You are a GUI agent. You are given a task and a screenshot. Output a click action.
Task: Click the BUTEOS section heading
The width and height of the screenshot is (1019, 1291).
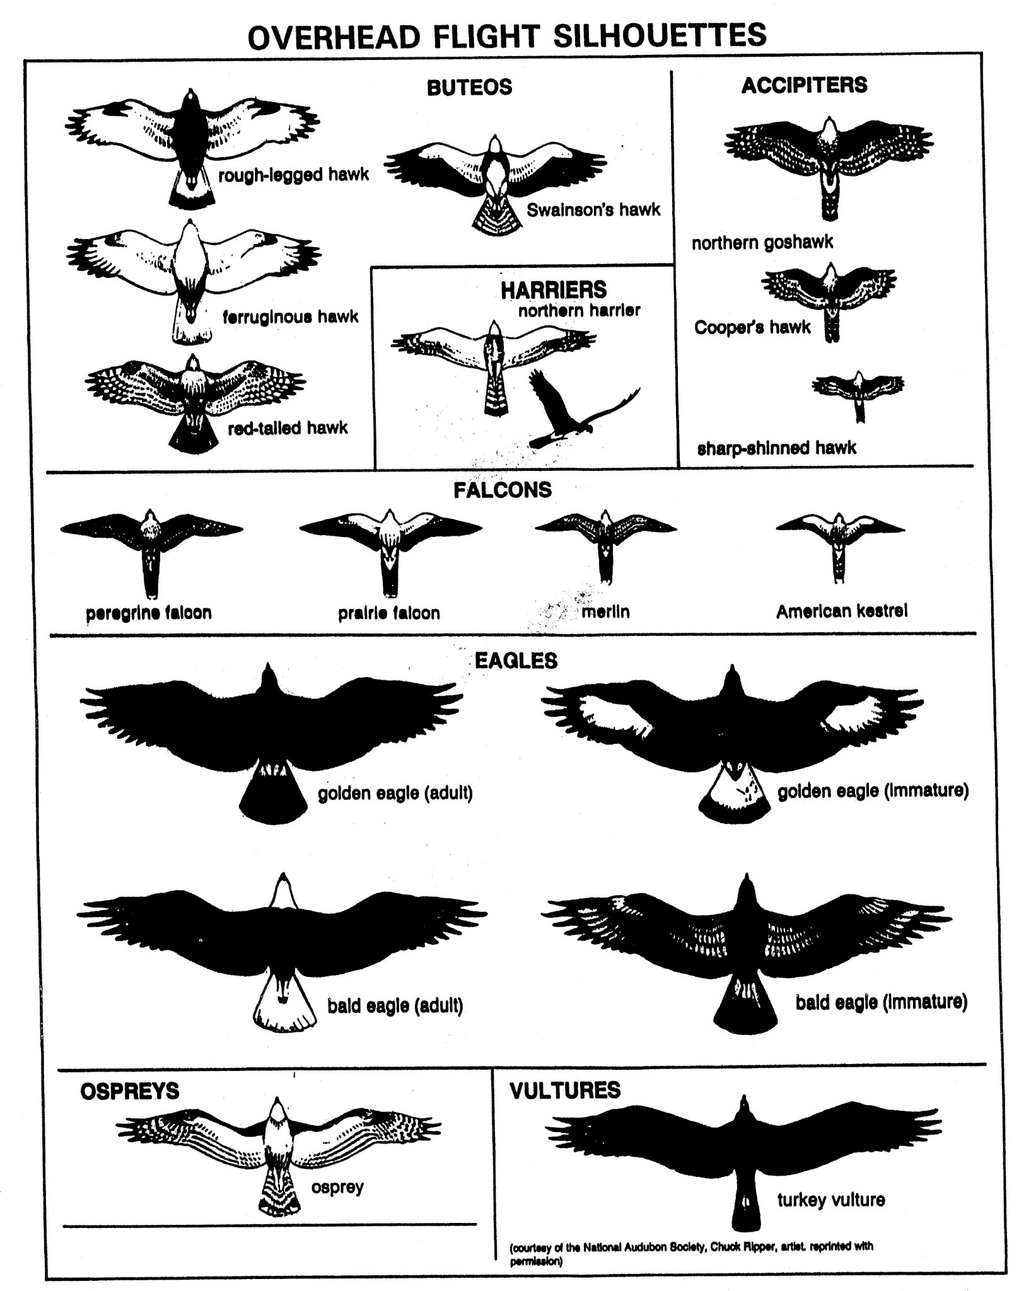pyautogui.click(x=470, y=86)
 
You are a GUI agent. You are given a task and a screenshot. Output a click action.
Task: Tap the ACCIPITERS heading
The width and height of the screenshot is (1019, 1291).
pyautogui.click(x=804, y=84)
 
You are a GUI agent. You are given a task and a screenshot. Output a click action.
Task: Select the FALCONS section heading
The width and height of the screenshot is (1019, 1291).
pyautogui.click(x=503, y=490)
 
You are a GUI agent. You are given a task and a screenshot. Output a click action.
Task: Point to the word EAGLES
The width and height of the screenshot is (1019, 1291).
pyautogui.click(x=516, y=661)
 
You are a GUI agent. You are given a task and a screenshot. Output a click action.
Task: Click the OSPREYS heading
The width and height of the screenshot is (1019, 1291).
pyautogui.click(x=130, y=1091)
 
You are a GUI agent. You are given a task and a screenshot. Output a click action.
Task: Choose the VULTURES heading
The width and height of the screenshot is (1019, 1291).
pyautogui.click(x=565, y=1090)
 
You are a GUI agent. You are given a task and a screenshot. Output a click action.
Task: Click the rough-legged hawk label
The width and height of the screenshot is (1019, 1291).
pyautogui.click(x=293, y=175)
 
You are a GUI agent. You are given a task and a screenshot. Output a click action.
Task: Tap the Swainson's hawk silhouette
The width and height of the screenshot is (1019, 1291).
pyautogui.click(x=496, y=183)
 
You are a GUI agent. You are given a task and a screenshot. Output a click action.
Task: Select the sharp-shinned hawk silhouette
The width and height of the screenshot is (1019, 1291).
pyautogui.click(x=858, y=395)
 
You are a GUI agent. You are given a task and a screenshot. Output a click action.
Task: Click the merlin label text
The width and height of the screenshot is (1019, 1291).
pyautogui.click(x=605, y=611)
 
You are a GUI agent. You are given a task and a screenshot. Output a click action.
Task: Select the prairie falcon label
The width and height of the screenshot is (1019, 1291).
pyautogui.click(x=389, y=613)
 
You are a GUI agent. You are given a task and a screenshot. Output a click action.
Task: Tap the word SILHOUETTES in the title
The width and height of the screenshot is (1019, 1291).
pyautogui.click(x=660, y=36)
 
